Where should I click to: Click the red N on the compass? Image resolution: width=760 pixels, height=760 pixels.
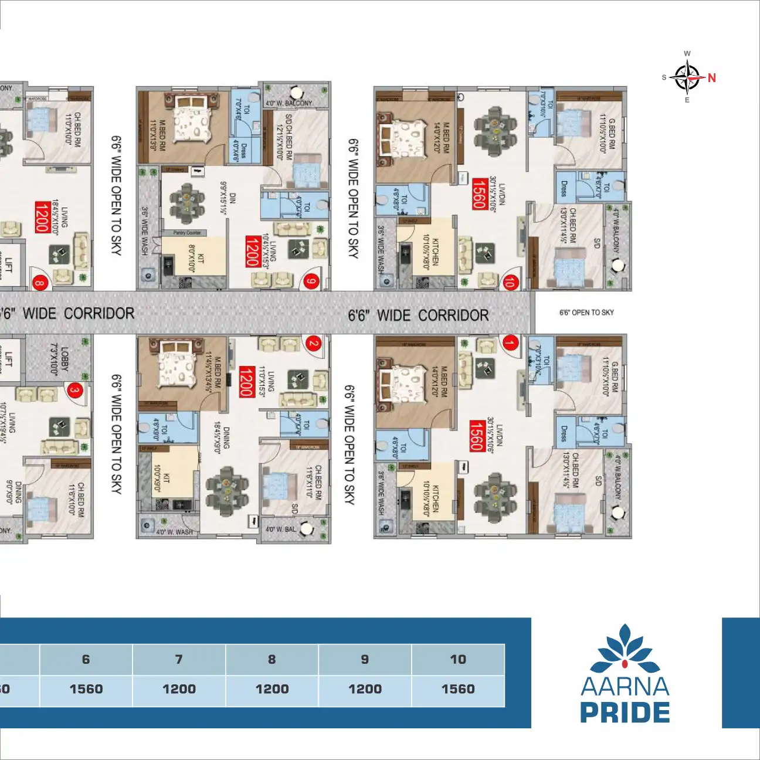point(711,77)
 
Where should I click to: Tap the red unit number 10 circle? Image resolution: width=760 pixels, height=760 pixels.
point(510,282)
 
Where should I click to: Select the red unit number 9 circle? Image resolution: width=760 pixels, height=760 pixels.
point(311,281)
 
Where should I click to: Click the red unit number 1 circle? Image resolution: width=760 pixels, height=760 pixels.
point(511,343)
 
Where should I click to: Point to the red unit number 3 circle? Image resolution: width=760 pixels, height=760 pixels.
point(74,390)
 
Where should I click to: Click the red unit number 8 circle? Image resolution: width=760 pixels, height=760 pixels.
point(40,283)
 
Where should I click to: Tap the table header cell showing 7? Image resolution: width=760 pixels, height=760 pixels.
point(179,659)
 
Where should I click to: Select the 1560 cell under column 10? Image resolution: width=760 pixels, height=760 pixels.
point(458,690)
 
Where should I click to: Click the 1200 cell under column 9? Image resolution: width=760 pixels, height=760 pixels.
point(365,690)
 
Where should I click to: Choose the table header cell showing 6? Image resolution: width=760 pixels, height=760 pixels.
point(86,659)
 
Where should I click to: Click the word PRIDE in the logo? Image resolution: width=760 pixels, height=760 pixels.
point(625,713)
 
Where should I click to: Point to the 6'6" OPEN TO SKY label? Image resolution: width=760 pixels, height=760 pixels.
point(586,313)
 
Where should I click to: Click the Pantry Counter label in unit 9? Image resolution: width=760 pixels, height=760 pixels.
point(187,233)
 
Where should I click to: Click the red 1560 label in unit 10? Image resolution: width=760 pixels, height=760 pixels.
point(479,194)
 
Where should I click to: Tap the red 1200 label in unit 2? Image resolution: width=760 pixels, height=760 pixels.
point(247,381)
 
